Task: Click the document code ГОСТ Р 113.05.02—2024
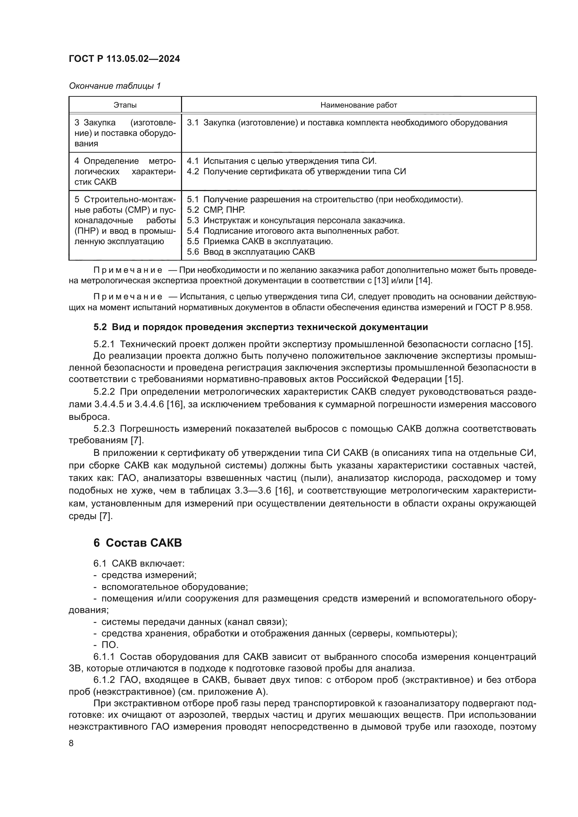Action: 124,59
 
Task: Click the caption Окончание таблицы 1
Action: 115,86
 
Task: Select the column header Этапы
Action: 125,105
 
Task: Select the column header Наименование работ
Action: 359,105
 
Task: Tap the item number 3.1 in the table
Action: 193,123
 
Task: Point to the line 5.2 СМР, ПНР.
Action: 216,210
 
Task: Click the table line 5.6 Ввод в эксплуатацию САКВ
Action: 251,252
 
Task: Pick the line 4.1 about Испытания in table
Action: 282,161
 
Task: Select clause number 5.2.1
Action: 104,344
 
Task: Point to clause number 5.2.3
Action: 104,429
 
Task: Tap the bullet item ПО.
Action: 110,645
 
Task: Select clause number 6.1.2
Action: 104,680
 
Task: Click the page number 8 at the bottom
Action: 71,743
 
